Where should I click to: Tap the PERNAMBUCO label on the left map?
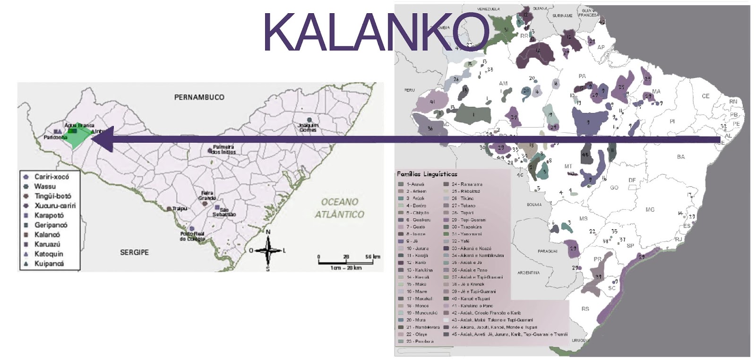[x=199, y=97]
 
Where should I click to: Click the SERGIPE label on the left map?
[x=134, y=253]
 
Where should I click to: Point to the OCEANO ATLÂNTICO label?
[x=340, y=208]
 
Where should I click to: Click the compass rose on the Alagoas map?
[x=268, y=250]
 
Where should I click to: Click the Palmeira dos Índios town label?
[x=223, y=150]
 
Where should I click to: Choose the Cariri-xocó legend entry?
[x=51, y=177]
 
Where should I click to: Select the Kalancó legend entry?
[x=47, y=235]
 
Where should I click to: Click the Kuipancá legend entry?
[x=49, y=264]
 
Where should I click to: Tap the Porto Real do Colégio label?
[x=192, y=236]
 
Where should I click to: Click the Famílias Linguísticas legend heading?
[x=427, y=174]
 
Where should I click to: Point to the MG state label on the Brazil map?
[x=650, y=209]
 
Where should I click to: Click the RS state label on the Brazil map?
[x=585, y=309]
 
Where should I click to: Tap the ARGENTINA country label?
[x=528, y=273]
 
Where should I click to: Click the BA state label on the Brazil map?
[x=680, y=157]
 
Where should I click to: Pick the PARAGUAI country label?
[x=547, y=251]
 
